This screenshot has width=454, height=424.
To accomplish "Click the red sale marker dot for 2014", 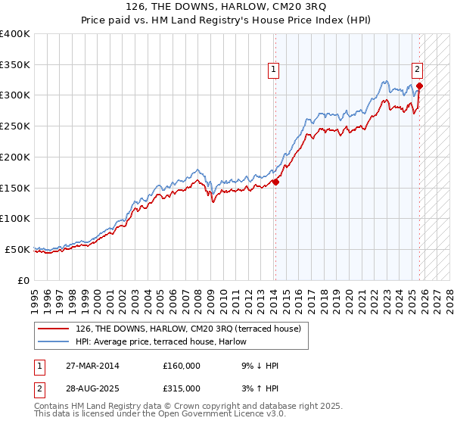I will point(275,182).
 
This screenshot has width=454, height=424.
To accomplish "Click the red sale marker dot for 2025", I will point(419,86).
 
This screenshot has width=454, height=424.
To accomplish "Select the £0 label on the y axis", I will point(24,280).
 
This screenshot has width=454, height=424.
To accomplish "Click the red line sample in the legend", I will point(53,329).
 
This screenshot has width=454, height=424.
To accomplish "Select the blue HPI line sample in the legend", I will point(53,341).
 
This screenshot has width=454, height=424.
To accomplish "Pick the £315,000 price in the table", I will point(182,388).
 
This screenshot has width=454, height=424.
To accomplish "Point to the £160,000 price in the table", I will point(182,366).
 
